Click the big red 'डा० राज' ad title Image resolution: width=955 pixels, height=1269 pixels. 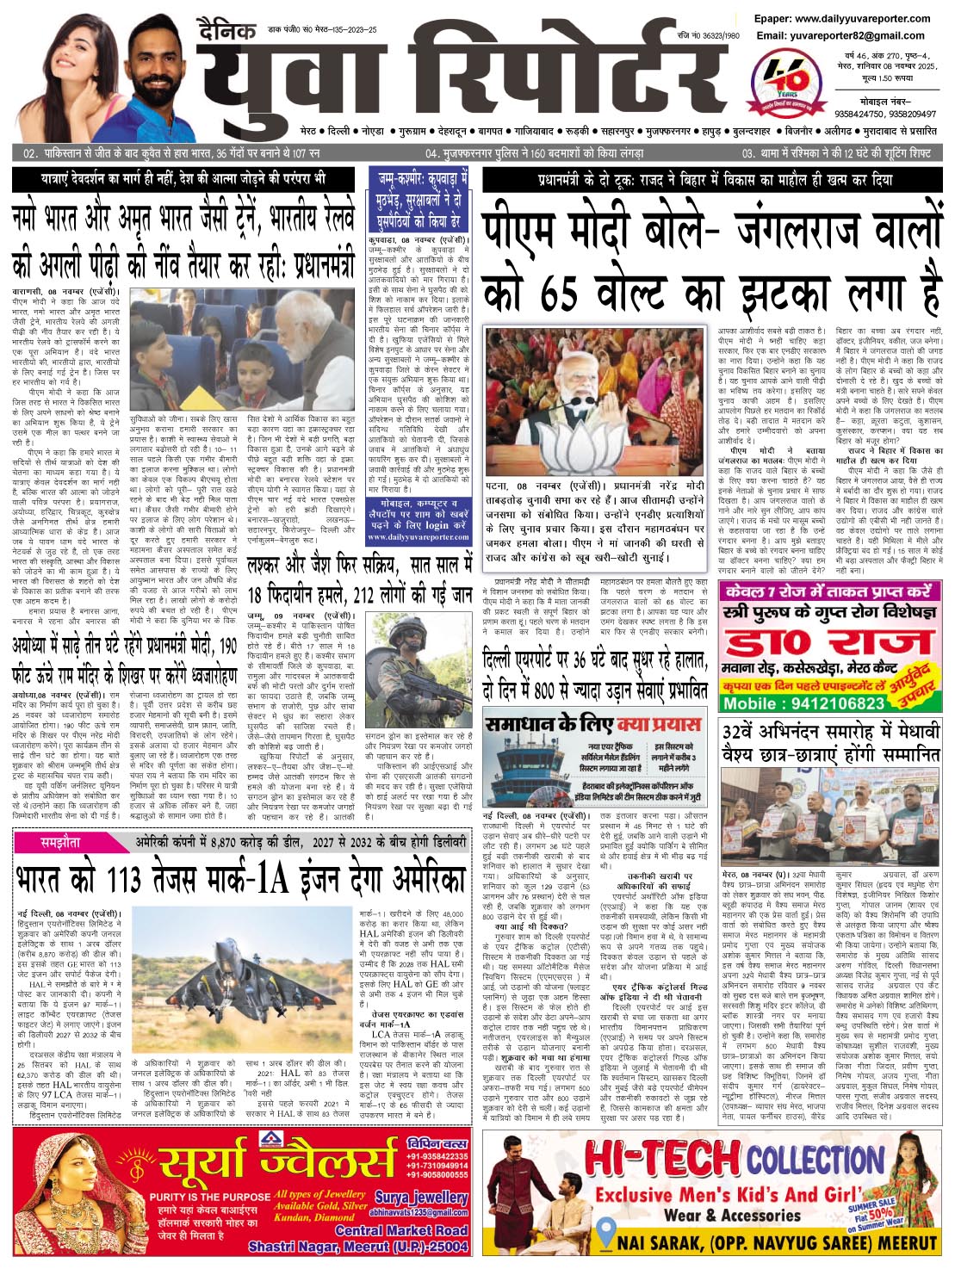tap(828, 641)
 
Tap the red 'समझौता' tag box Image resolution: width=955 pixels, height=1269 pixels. tap(65, 841)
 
